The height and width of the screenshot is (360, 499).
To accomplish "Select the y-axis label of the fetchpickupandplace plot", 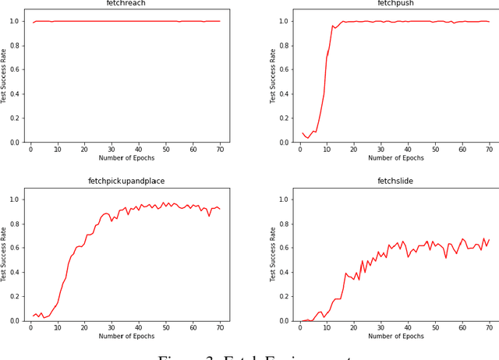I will (x=5, y=254).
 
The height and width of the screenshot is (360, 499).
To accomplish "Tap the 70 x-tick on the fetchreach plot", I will (x=220, y=149).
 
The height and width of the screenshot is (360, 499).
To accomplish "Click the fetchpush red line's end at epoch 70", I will (x=489, y=22).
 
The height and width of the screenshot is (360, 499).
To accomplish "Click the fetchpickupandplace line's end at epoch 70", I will (x=220, y=209).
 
